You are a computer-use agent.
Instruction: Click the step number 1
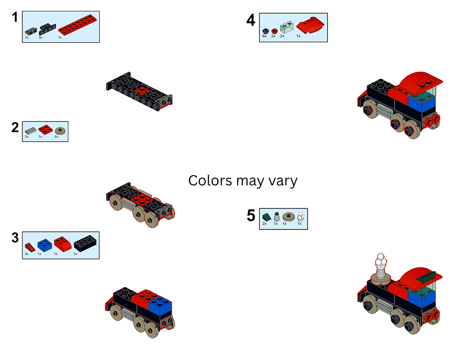15,18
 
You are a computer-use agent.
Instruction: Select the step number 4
251,20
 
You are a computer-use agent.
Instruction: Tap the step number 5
251,216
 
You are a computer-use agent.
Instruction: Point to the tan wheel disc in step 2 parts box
60,130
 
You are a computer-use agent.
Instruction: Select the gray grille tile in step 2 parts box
30,130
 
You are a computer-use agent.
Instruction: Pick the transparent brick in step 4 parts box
288,26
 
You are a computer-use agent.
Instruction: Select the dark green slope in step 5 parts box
267,217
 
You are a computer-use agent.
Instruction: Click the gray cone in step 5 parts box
276,217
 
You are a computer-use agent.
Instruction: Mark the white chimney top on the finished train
380,260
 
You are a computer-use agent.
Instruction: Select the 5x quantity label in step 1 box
41,37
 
